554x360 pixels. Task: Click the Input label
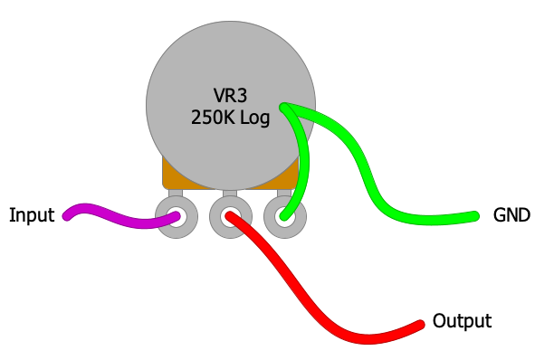tap(32, 215)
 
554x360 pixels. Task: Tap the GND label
tap(511, 215)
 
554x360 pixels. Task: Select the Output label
tap(462, 321)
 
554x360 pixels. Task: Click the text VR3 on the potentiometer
tap(230, 96)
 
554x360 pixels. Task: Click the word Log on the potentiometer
tap(254, 118)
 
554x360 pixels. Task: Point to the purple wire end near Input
tap(68, 215)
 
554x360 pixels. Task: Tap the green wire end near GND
tap(473, 215)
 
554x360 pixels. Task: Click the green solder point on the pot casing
tap(285, 108)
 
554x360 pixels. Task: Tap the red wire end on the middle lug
tap(230, 216)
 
